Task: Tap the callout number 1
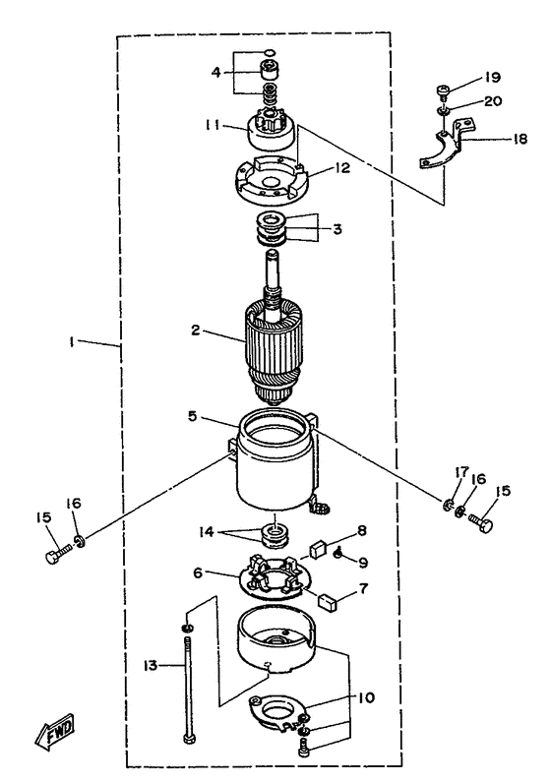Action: point(73,341)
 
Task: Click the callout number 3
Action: point(337,229)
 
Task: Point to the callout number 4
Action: point(215,73)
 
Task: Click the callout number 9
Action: point(363,563)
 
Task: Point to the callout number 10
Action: point(366,697)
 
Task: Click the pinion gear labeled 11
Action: point(273,130)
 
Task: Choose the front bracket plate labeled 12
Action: point(273,180)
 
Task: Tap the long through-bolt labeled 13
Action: point(187,691)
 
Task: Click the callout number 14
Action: point(207,532)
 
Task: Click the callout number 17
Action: point(461,472)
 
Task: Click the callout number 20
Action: point(493,101)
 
